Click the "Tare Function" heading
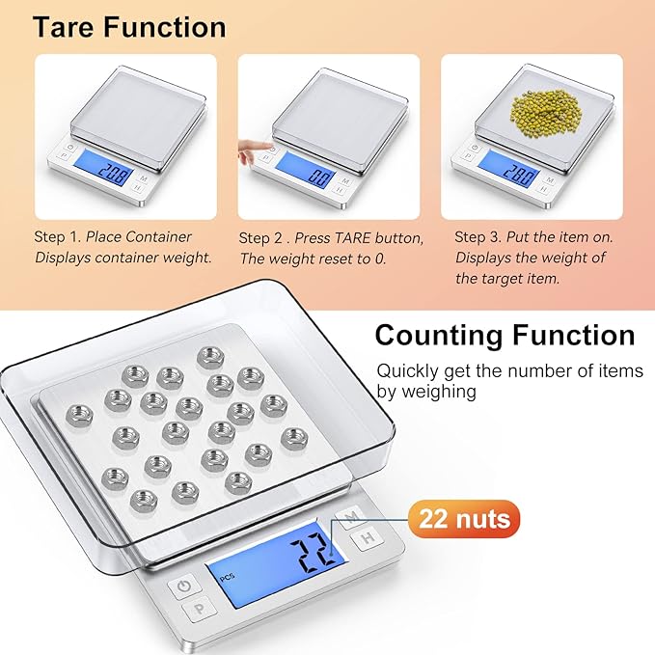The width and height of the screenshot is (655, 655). click(x=129, y=26)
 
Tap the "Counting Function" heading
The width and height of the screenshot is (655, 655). click(x=505, y=335)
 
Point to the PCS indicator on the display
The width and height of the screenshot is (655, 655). click(x=227, y=578)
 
